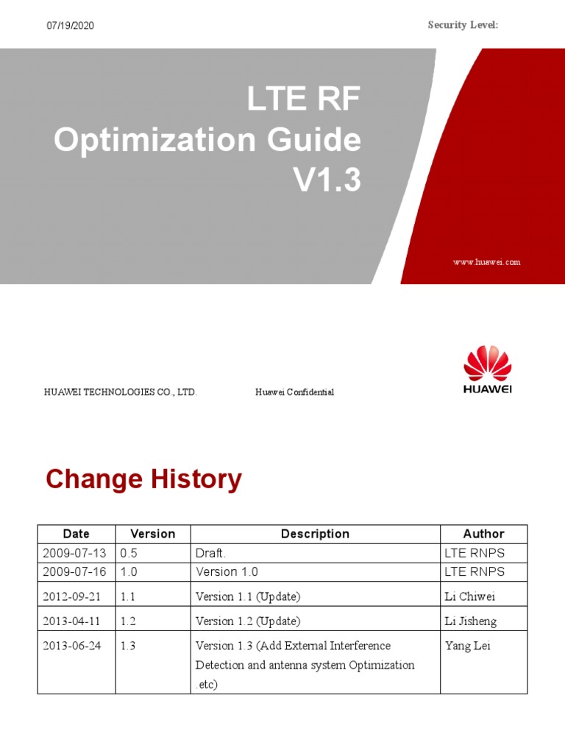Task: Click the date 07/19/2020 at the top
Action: click(70, 26)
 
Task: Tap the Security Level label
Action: click(463, 25)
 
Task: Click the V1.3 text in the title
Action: click(328, 180)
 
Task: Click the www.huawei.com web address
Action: click(486, 262)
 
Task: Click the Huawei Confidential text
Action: click(294, 392)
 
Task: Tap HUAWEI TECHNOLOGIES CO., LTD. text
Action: click(121, 392)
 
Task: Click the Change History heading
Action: click(143, 480)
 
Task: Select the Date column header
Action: click(77, 534)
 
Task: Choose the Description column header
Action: click(315, 534)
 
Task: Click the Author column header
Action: click(483, 534)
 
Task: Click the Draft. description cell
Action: click(211, 553)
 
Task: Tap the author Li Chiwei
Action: click(472, 596)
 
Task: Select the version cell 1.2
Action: click(129, 621)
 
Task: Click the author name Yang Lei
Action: click(468, 646)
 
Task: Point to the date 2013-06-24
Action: click(74, 646)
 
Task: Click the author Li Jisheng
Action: click(471, 621)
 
